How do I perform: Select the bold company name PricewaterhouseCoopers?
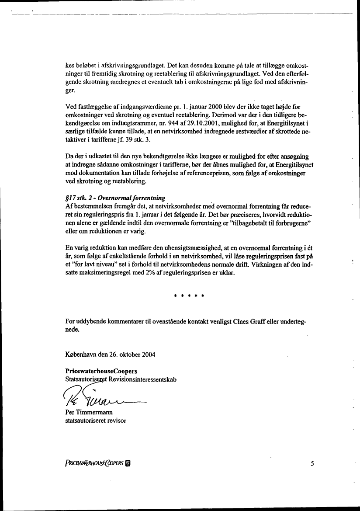[95, 372]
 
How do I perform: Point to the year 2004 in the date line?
[149, 354]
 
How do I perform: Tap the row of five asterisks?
[190, 296]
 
